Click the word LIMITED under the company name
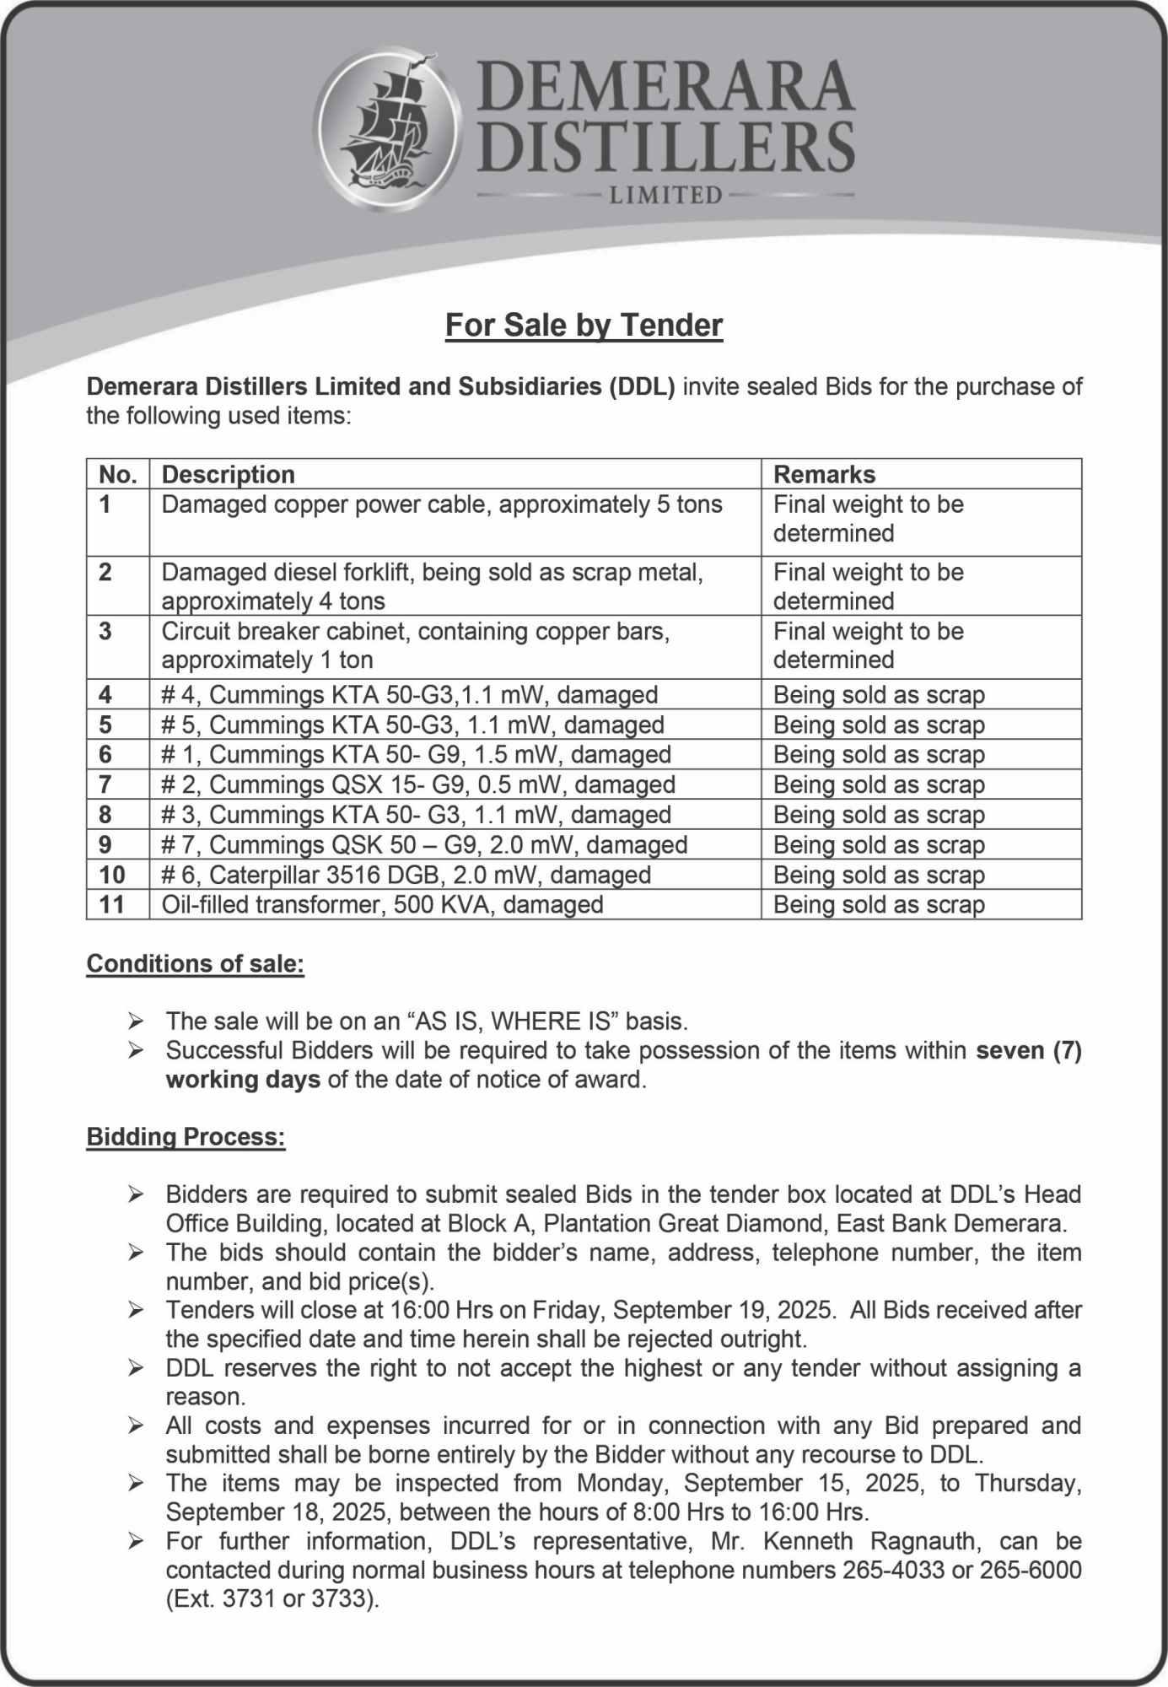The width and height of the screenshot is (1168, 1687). point(665,196)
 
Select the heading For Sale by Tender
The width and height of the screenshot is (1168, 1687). point(584,325)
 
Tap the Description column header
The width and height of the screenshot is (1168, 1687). point(228,474)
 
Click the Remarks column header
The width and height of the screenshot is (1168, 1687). point(824,474)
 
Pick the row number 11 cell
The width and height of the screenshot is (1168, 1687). point(111,904)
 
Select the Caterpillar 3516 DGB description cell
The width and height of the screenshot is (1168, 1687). point(406,875)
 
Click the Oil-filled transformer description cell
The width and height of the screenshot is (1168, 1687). point(382,904)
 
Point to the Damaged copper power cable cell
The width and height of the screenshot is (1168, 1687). point(441,504)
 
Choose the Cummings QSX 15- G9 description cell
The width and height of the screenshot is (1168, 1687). point(418,784)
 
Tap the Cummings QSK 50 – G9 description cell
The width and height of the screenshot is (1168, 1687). point(424,844)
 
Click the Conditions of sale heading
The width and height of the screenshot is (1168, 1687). point(195,964)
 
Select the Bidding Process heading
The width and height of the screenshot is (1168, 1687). point(186,1137)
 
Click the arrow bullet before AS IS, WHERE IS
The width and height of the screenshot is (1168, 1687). point(135,1021)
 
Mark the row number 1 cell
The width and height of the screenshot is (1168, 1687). point(105,504)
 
